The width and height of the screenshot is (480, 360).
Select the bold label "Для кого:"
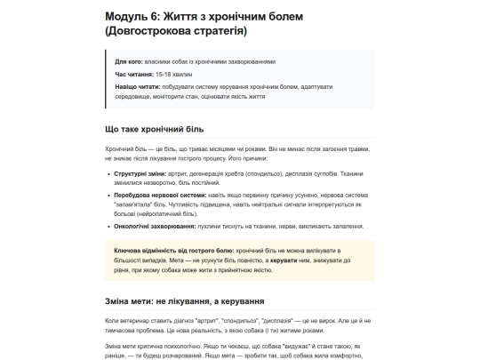129,62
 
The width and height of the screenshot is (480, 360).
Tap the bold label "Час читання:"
133,75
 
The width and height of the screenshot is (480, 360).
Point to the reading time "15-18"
162,75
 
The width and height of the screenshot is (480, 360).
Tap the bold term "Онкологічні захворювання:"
147,226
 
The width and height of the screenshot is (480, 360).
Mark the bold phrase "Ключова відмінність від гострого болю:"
173,251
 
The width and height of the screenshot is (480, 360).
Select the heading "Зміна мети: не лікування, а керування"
185,301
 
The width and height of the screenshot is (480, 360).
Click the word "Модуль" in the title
124,16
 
